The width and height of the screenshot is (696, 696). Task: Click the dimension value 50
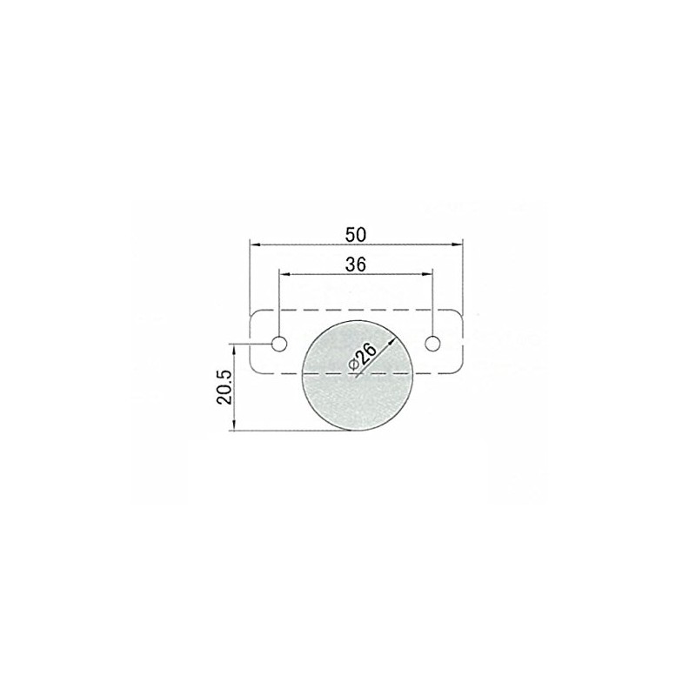[356, 234]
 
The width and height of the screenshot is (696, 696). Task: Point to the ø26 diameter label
[363, 357]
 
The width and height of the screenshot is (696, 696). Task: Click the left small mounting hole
[279, 344]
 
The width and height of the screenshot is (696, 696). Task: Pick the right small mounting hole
[432, 344]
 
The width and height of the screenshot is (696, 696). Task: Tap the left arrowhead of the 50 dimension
[254, 244]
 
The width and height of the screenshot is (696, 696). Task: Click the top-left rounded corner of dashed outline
[253, 315]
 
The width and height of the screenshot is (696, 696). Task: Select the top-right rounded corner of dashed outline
[458, 315]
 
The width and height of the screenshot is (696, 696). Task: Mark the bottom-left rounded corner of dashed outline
[253, 371]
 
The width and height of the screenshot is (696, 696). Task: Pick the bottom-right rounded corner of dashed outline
[458, 371]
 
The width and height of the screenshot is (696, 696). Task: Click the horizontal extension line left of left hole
[252, 344]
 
